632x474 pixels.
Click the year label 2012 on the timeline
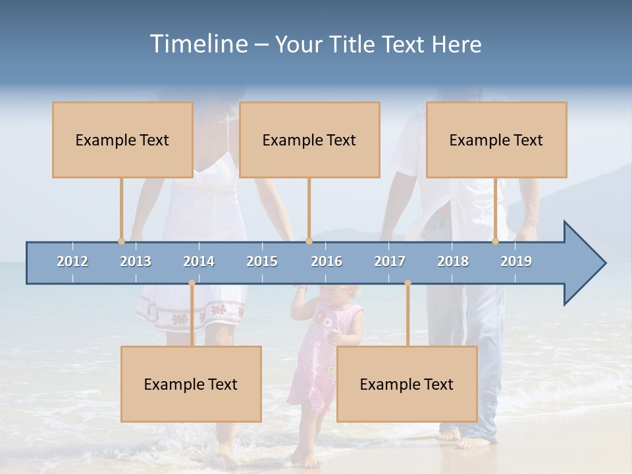(x=72, y=261)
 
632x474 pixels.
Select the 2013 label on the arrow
(x=136, y=261)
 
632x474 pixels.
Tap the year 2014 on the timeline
(x=199, y=261)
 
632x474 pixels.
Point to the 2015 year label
(x=262, y=261)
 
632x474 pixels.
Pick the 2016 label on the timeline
(x=327, y=261)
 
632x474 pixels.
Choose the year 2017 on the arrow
(x=390, y=261)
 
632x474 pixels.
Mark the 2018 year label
(x=453, y=261)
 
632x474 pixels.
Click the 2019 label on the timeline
(x=516, y=261)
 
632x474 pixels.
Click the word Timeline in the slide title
(x=198, y=44)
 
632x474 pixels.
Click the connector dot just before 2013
(x=121, y=241)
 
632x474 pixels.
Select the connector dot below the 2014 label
(x=192, y=283)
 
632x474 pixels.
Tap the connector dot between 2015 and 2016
(x=309, y=241)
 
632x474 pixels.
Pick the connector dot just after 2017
(x=408, y=283)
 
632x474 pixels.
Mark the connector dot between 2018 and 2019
(x=496, y=241)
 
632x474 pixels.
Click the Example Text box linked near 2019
(x=496, y=140)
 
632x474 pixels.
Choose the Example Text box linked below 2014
(x=191, y=384)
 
